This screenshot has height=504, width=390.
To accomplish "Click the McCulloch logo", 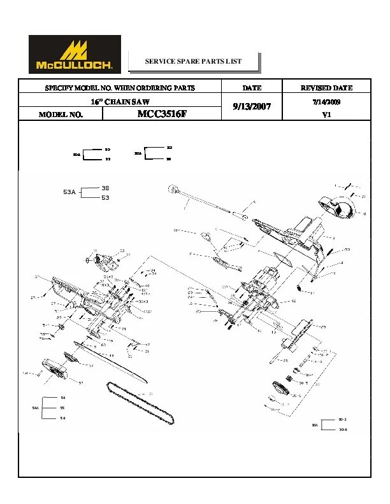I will [x=75, y=54].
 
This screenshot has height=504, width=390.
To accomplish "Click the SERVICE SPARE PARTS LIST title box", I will [x=194, y=62].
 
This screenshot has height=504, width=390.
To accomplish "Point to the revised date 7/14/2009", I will [x=326, y=101].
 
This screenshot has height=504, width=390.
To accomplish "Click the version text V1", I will [x=326, y=115].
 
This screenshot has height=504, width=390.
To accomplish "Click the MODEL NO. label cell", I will [x=61, y=115].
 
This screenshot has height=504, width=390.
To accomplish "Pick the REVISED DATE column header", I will [x=326, y=88].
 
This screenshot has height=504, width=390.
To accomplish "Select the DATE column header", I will [x=252, y=88].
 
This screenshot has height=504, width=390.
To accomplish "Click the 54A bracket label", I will [x=36, y=407].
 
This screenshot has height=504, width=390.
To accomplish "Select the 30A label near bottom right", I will [x=315, y=424].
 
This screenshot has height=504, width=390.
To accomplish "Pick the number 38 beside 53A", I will [x=105, y=188].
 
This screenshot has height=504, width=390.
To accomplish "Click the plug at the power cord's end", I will [x=172, y=189].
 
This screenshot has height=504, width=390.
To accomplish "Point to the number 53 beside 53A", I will [x=105, y=198].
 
